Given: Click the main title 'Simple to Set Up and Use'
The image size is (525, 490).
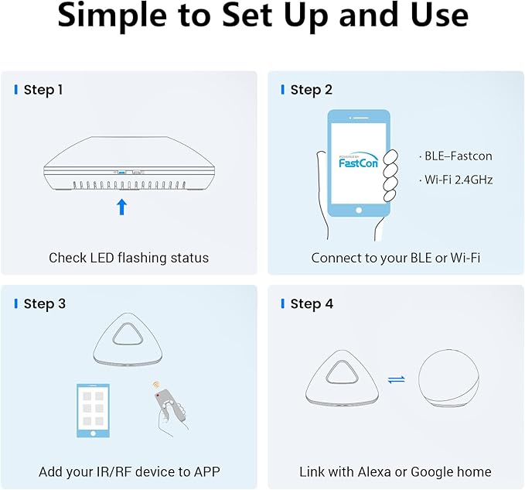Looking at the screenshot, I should (x=262, y=17).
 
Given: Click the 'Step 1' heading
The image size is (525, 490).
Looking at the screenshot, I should (x=43, y=90).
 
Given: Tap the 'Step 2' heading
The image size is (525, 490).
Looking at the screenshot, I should (x=311, y=90).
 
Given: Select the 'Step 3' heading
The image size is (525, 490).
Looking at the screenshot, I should (x=44, y=303).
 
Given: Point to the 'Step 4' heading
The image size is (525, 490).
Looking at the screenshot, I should (x=312, y=303).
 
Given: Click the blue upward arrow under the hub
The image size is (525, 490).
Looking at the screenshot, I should (x=121, y=207).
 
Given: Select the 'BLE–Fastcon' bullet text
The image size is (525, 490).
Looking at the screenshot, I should (x=455, y=156).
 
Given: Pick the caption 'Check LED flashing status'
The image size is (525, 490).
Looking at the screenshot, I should (x=128, y=257).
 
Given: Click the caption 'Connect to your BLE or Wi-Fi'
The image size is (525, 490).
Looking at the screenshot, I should (x=395, y=257).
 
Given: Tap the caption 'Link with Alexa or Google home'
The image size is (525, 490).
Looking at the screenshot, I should (x=395, y=471).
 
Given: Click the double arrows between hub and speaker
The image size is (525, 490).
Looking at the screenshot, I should (x=395, y=379).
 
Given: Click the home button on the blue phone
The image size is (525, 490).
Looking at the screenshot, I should (x=358, y=210).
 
